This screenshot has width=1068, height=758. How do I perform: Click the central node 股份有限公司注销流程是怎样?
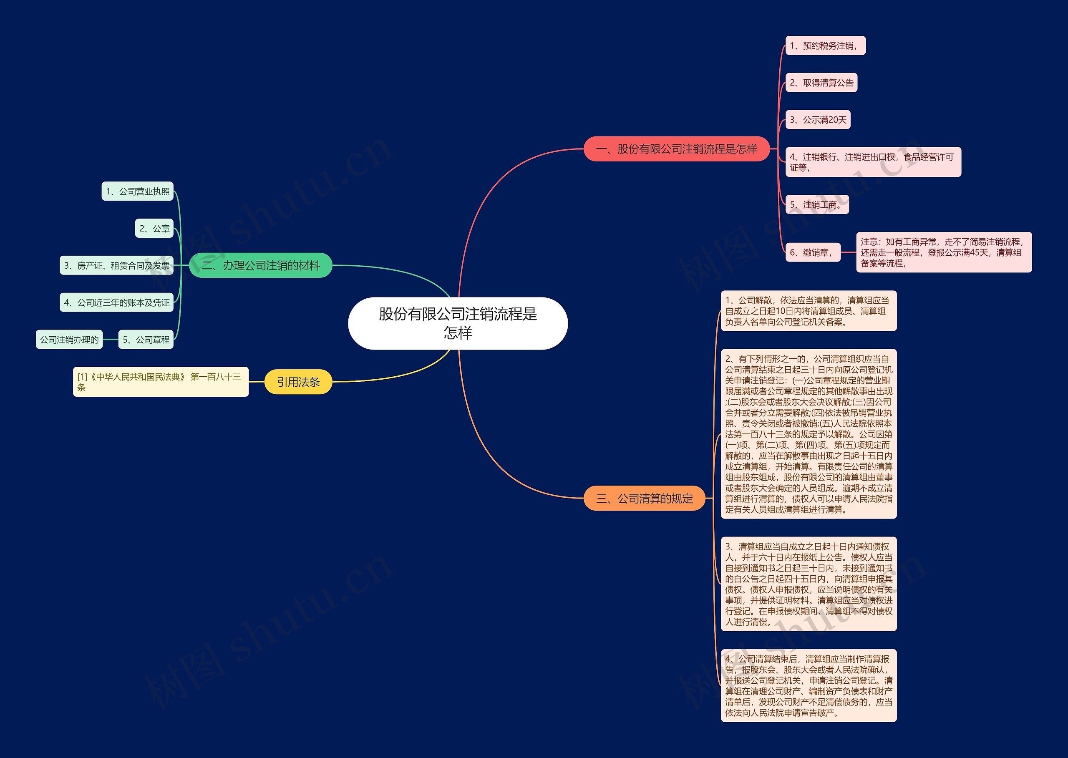coord(458,323)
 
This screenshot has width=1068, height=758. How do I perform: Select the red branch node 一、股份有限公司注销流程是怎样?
coord(676,149)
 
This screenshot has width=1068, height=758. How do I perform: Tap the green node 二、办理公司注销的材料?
coord(260,265)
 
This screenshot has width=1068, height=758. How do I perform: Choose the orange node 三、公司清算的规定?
coord(645,499)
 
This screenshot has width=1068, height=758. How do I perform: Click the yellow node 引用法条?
coord(298,382)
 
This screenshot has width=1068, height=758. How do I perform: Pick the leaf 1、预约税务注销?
coord(825,46)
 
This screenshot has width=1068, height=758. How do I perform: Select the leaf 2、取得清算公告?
coord(821,83)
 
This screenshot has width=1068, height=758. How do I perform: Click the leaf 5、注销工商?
coord(817,204)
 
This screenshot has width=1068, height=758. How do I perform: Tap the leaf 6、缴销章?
coord(813,252)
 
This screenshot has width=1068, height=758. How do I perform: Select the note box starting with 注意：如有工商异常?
coord(943,252)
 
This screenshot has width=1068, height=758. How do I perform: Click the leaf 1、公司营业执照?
coord(138,191)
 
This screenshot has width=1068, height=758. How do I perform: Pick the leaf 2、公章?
coord(154,228)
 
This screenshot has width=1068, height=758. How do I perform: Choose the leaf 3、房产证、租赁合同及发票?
coord(117,266)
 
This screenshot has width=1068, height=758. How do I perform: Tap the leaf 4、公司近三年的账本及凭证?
coord(117,302)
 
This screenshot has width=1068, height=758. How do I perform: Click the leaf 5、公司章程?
coord(146,339)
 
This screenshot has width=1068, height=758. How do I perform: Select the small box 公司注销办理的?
coord(69,339)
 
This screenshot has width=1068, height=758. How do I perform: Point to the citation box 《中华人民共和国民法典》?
coord(161,382)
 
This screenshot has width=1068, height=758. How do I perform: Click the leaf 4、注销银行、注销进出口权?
coord(873,162)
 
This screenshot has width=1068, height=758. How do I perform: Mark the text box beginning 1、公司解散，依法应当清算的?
coord(809,311)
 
